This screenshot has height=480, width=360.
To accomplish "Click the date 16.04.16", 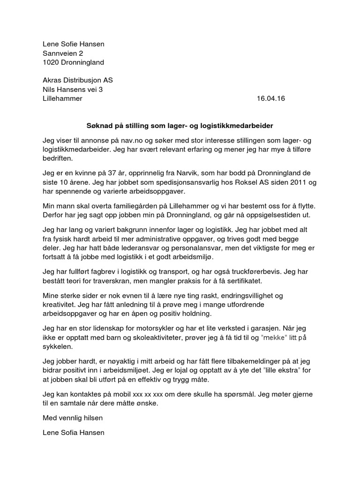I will tap(271, 98).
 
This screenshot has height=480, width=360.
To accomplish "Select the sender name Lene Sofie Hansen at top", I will tap(73, 45).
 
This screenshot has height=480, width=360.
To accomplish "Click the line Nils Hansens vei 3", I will tap(71, 90).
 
